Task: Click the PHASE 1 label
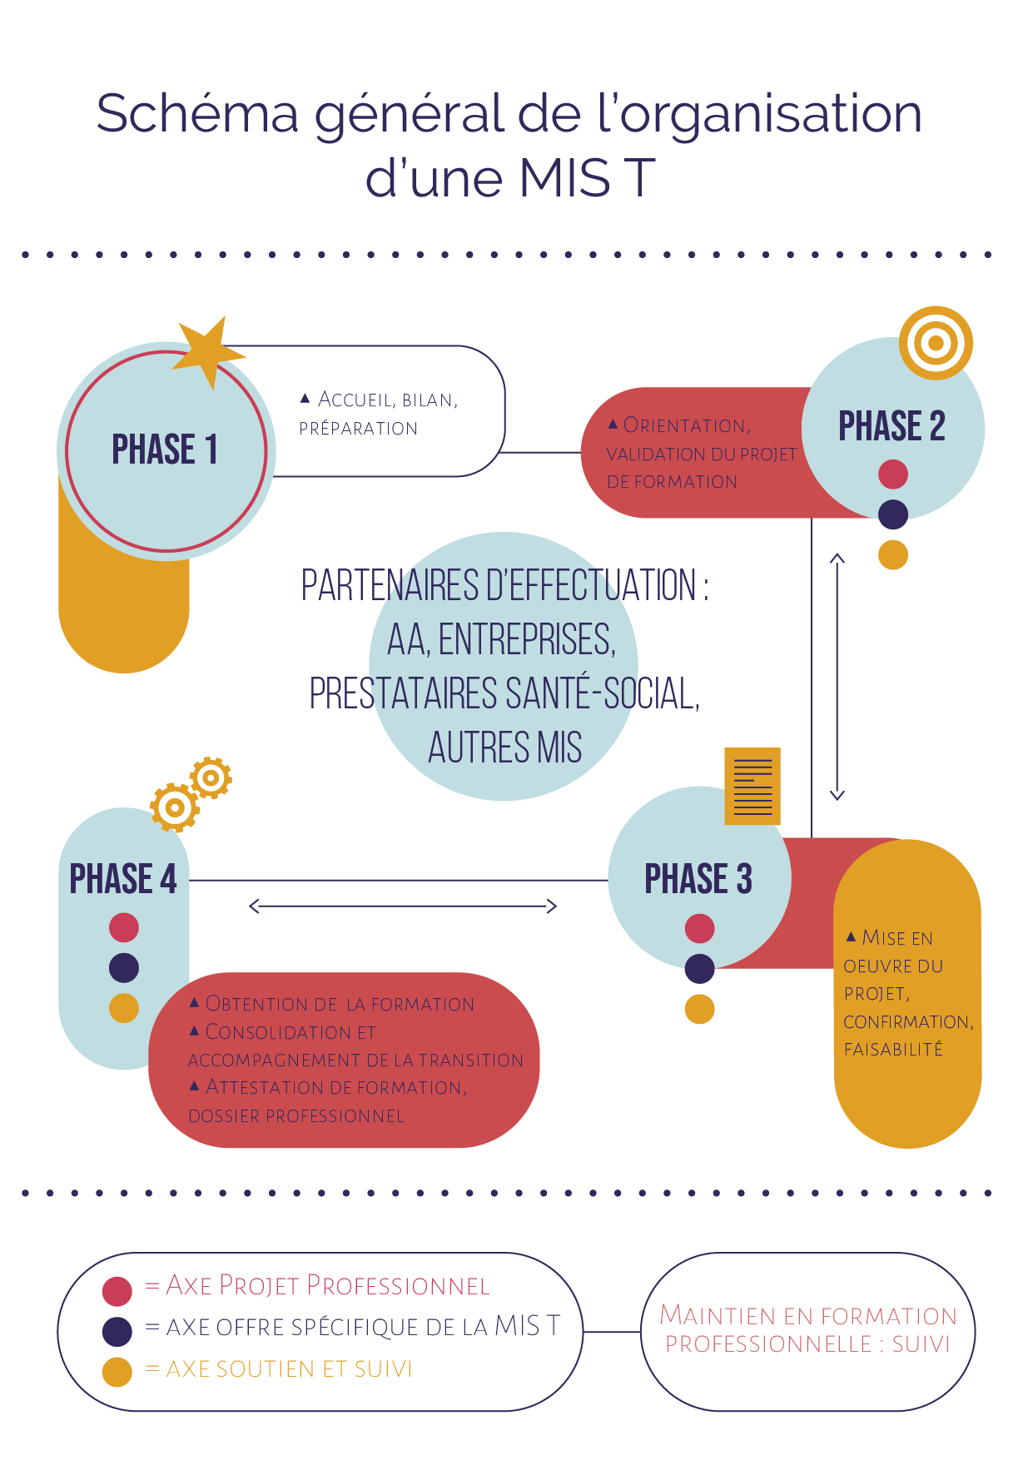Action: tap(165, 449)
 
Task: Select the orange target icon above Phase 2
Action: tap(936, 343)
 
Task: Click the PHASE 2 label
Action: tap(891, 426)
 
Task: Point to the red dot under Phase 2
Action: tap(893, 474)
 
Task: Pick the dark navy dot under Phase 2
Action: tap(893, 514)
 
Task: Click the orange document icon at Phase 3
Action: tap(752, 786)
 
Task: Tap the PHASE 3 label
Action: tap(698, 879)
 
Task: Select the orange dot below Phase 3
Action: tap(699, 1009)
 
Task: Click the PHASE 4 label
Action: tap(123, 879)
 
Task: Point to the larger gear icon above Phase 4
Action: tap(175, 807)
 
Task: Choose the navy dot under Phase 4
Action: tap(124, 968)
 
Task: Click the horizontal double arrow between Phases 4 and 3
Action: tap(403, 906)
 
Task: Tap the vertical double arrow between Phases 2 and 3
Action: tap(837, 676)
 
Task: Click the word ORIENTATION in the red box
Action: tap(686, 425)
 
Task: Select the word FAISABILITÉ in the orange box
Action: tap(893, 1050)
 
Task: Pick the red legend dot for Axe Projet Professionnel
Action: tap(117, 1291)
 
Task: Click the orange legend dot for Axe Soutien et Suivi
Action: tap(117, 1372)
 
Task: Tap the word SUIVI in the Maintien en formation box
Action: tap(921, 1344)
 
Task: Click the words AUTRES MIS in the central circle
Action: tap(504, 747)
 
